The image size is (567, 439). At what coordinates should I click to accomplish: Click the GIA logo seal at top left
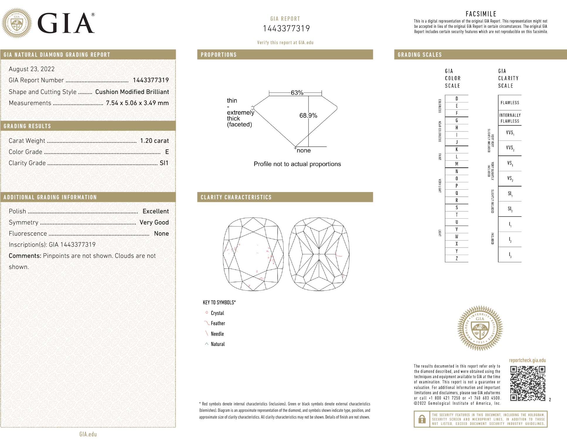click(17, 23)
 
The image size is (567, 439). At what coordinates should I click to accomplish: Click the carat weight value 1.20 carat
click(154, 141)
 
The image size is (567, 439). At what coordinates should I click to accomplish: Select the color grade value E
click(167, 152)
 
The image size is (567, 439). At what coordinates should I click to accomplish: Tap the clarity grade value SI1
click(164, 163)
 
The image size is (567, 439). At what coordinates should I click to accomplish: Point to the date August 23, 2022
click(32, 69)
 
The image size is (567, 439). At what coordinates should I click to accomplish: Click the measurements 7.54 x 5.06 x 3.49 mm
click(137, 103)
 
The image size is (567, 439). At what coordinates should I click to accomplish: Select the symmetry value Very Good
click(154, 222)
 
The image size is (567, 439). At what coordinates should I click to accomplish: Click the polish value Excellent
click(155, 211)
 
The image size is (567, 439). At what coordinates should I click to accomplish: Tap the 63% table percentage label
click(297, 93)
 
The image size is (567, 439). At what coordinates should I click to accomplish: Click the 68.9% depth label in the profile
click(308, 116)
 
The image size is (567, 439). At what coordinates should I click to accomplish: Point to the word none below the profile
click(304, 150)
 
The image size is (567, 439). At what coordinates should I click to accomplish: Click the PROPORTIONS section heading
click(219, 55)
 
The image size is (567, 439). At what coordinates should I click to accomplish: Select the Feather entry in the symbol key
click(218, 323)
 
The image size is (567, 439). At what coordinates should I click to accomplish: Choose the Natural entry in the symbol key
click(217, 344)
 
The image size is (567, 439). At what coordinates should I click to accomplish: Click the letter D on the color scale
click(457, 99)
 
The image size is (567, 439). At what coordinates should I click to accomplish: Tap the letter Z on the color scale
click(457, 258)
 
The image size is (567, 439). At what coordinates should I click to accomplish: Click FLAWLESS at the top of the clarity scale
click(510, 103)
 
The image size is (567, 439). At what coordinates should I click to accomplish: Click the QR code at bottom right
click(527, 383)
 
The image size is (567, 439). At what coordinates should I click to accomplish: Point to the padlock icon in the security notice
click(422, 419)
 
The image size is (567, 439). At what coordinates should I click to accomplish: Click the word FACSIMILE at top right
click(481, 14)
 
